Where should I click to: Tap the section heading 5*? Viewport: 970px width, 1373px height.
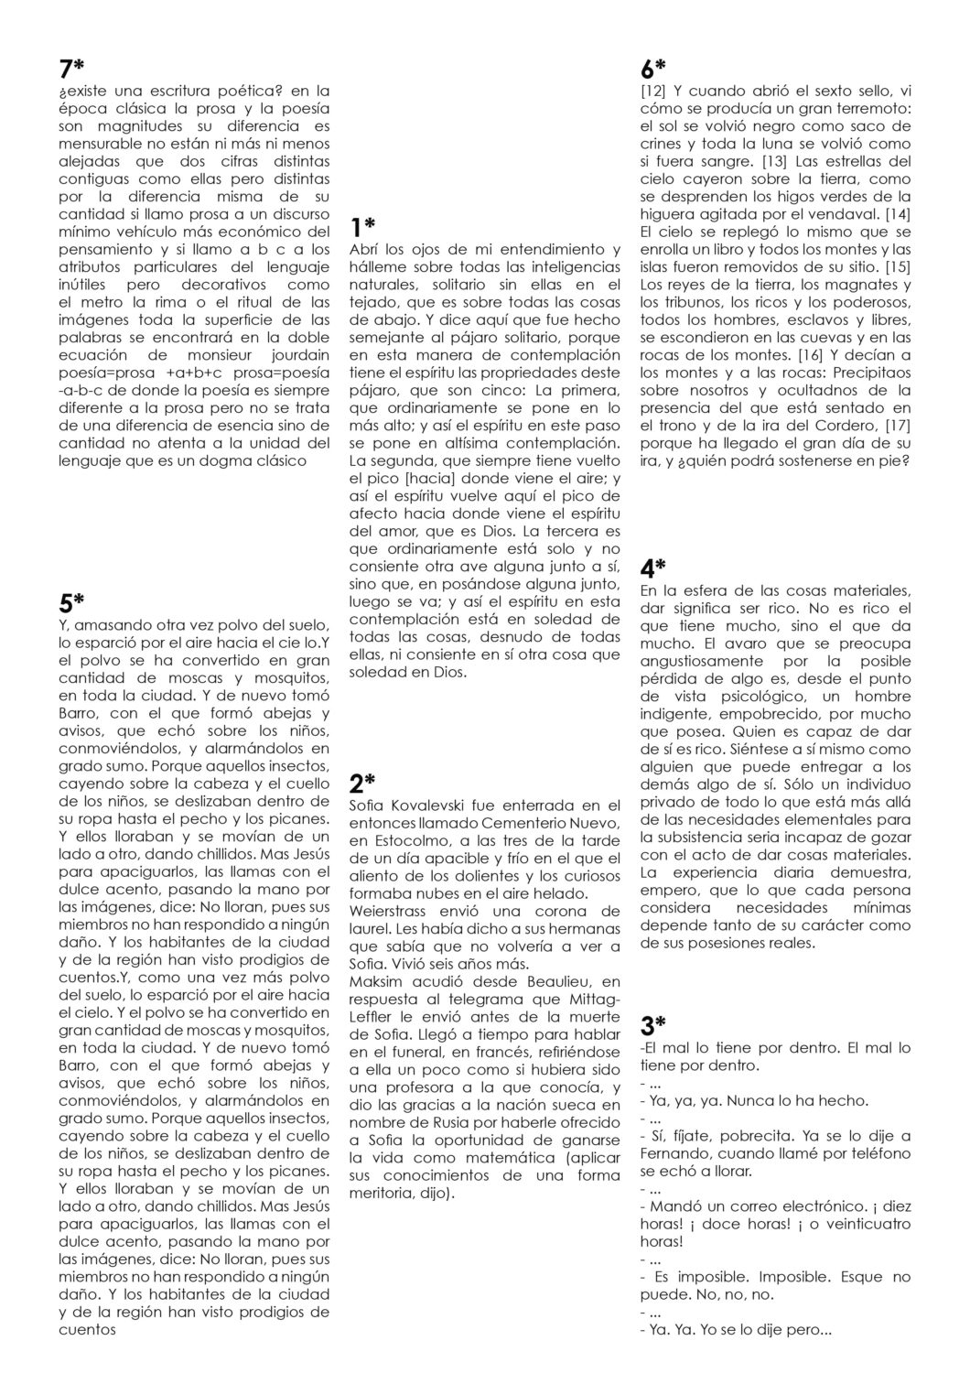(70, 602)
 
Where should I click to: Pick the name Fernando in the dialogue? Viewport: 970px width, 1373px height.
(681, 1154)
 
